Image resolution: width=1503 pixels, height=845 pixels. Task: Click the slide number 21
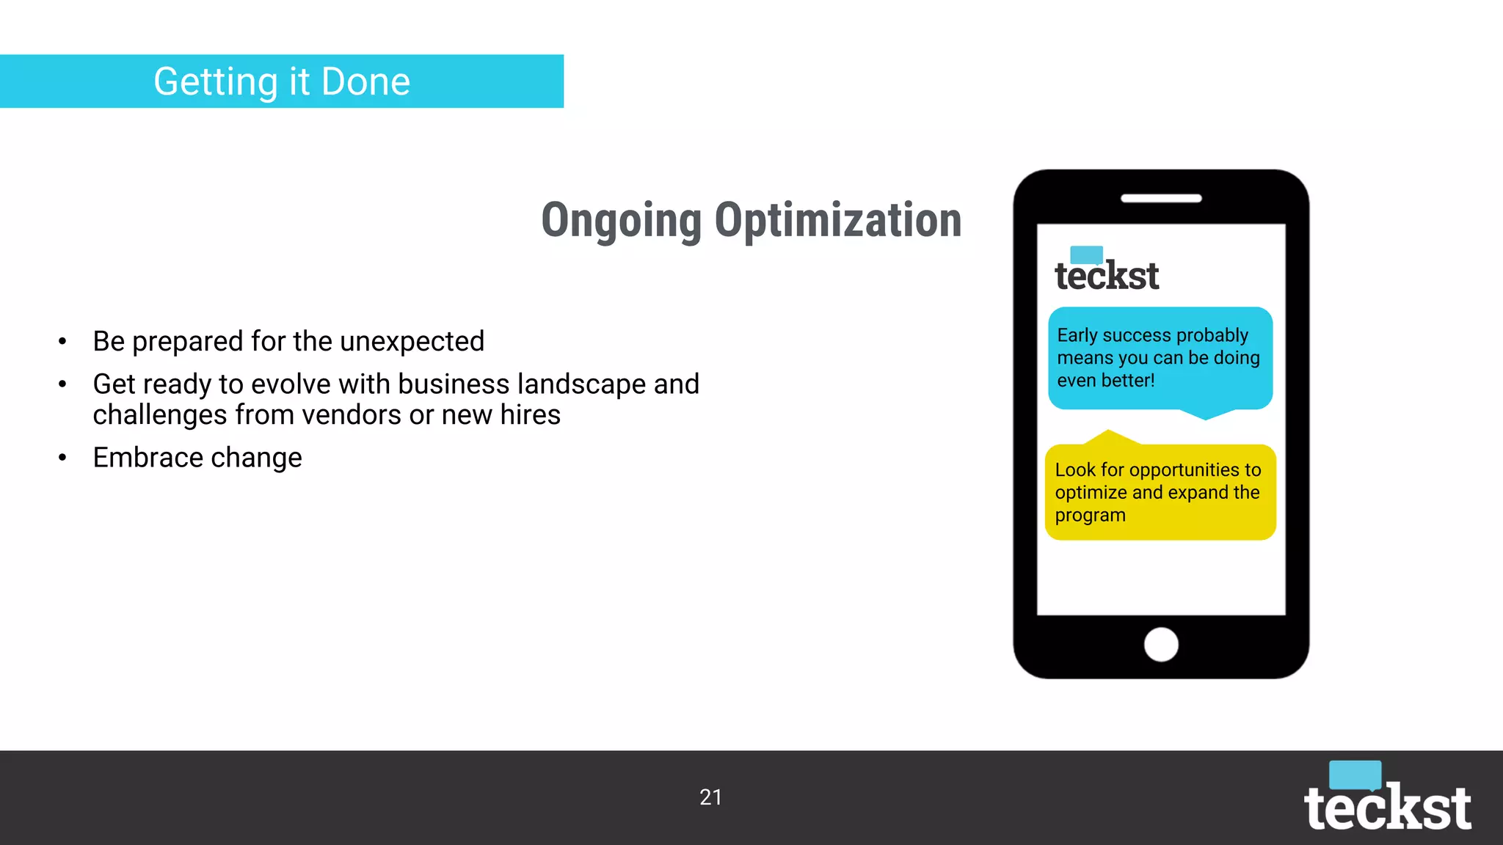pyautogui.click(x=710, y=797)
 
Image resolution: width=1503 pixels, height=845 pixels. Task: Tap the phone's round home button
pyautogui.click(x=1161, y=645)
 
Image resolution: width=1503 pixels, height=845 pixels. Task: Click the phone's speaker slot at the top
pyautogui.click(x=1161, y=198)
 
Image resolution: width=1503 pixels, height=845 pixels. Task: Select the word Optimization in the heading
pyautogui.click(x=837, y=220)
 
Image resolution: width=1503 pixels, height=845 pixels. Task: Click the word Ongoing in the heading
pyautogui.click(x=622, y=222)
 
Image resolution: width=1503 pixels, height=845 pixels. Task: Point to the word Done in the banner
pyautogui.click(x=365, y=81)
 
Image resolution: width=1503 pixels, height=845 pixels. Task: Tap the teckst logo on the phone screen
pyautogui.click(x=1107, y=271)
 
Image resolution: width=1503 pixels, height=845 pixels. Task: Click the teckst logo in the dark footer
pyautogui.click(x=1387, y=800)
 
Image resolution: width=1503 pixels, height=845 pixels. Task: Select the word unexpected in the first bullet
pyautogui.click(x=412, y=341)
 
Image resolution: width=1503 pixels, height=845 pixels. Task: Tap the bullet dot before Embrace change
pyautogui.click(x=63, y=458)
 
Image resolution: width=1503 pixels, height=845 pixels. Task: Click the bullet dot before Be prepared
pyautogui.click(x=63, y=341)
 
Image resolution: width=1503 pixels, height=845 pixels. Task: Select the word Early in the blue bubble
pyautogui.click(x=1077, y=335)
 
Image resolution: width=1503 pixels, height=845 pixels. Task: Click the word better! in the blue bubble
pyautogui.click(x=1127, y=381)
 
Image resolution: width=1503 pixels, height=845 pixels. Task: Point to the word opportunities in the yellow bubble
pyautogui.click(x=1184, y=469)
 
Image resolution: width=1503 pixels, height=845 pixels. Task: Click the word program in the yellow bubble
pyautogui.click(x=1090, y=516)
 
